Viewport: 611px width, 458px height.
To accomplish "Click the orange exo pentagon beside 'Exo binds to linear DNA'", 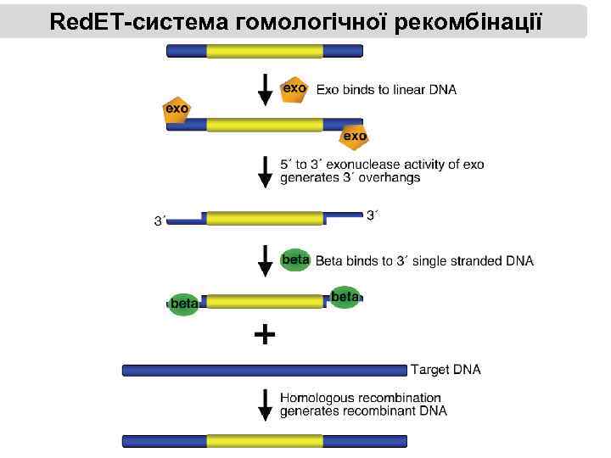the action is (x=294, y=88).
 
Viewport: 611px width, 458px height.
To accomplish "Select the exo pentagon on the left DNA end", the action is (x=177, y=109).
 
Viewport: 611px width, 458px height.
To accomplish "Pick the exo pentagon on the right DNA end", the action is (x=354, y=136).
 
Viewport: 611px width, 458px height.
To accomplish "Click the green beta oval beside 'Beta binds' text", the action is (x=294, y=260).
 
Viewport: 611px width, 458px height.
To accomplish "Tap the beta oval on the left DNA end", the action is (x=183, y=303).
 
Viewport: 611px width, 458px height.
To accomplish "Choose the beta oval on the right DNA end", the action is (x=345, y=297).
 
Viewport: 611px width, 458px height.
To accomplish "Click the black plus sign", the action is (x=265, y=335).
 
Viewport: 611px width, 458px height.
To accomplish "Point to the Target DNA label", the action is (x=446, y=370).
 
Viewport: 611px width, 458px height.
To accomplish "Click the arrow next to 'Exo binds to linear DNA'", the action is (x=266, y=90).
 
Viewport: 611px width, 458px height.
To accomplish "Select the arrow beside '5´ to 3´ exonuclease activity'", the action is (x=266, y=170).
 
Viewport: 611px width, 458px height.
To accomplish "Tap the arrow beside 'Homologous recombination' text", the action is (x=266, y=404).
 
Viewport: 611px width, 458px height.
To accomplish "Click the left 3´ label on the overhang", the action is (x=160, y=221).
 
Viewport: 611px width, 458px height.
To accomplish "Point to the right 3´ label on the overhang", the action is (x=372, y=215).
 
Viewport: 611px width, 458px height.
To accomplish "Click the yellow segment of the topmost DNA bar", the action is (x=265, y=52).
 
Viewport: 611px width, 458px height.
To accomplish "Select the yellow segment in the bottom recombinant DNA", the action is (x=265, y=441).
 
